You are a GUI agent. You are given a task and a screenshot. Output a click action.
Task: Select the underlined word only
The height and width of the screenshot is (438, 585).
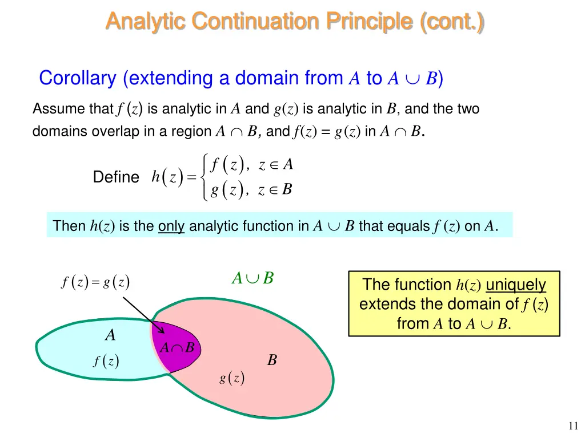(x=171, y=226)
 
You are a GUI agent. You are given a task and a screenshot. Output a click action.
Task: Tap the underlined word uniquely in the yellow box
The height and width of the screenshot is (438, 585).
(x=515, y=285)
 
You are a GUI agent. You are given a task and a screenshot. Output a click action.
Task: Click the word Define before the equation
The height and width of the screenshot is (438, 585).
(x=116, y=177)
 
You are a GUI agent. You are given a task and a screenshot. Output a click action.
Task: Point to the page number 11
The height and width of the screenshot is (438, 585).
(x=574, y=425)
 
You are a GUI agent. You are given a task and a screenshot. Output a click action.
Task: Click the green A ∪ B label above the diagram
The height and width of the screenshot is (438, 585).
(x=253, y=278)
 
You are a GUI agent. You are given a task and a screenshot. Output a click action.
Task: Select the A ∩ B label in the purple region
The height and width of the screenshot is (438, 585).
(x=177, y=348)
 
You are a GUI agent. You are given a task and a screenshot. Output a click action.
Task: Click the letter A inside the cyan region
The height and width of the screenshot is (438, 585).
(x=110, y=336)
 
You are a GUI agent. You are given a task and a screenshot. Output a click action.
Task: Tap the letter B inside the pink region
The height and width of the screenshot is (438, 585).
(x=273, y=360)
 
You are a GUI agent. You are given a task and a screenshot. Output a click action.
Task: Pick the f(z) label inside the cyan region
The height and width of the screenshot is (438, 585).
(x=106, y=361)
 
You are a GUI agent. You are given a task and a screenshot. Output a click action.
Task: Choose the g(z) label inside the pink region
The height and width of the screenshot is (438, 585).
(x=232, y=378)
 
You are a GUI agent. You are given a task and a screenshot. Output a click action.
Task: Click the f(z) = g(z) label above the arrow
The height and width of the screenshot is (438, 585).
(x=95, y=282)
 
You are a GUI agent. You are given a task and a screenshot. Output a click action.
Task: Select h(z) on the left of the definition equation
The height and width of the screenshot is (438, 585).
(x=167, y=177)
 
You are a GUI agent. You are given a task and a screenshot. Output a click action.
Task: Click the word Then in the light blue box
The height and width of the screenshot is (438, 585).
(x=69, y=226)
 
